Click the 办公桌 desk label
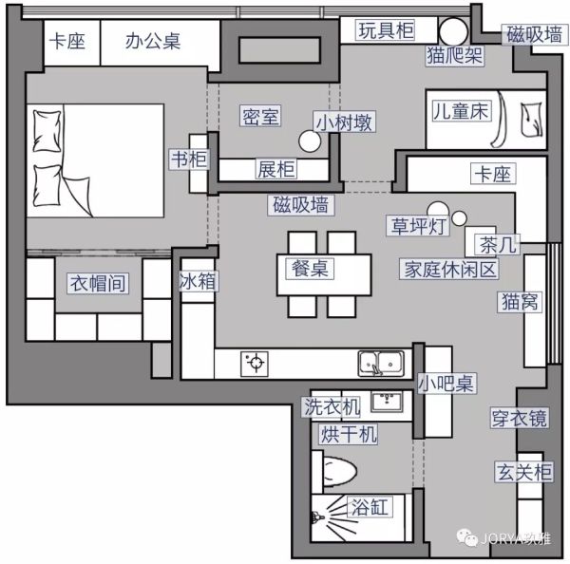(153, 41)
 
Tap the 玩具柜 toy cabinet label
(386, 30)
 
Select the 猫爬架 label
(455, 56)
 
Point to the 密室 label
(260, 116)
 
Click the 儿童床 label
(461, 111)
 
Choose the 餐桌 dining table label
(310, 269)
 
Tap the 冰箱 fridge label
(198, 281)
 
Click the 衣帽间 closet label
(98, 283)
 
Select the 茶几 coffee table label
(498, 244)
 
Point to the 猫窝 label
(520, 301)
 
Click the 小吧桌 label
(446, 383)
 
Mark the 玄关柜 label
(524, 472)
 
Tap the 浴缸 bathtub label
(370, 506)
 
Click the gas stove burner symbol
(255, 363)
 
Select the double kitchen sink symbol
(381, 363)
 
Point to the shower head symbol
(316, 516)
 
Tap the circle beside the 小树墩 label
(310, 141)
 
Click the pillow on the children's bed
(532, 120)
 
